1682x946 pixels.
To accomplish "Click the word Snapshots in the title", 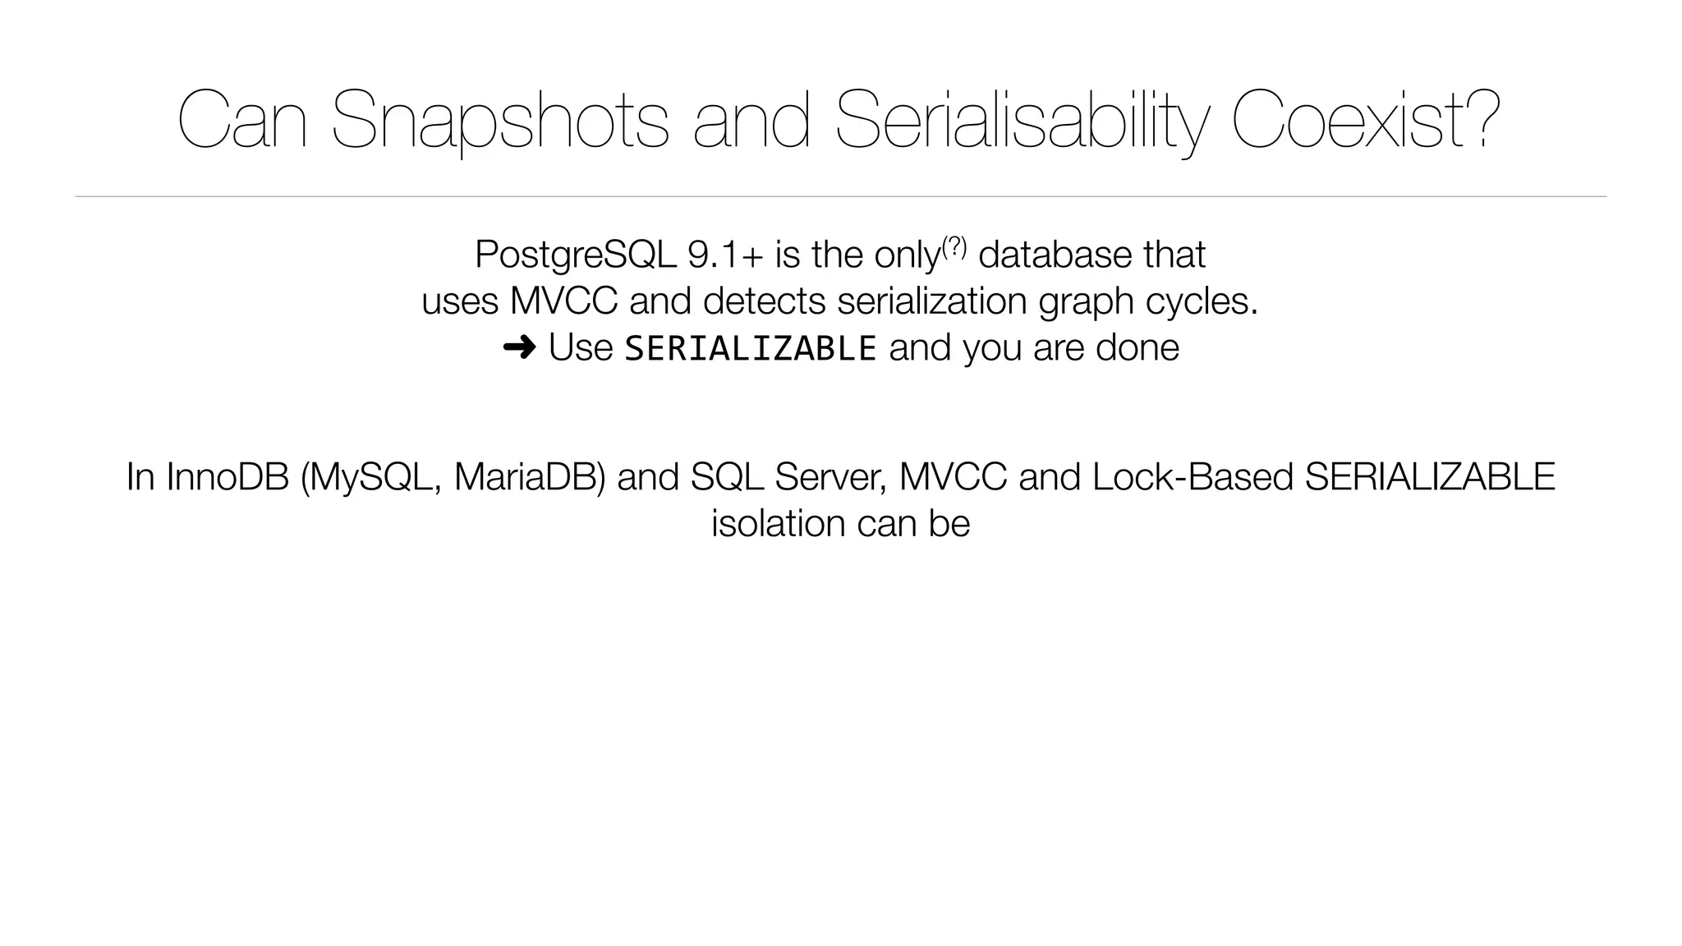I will [500, 121].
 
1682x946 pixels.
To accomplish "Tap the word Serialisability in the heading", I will [1021, 121].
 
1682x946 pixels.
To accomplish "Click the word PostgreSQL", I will [575, 255].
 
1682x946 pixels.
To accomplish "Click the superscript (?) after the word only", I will [954, 245].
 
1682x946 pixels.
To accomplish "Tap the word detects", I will [764, 301].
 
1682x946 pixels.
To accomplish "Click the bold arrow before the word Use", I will [519, 348].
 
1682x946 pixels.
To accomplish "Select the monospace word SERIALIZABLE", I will [751, 348].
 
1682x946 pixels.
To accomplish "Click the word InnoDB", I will [227, 477].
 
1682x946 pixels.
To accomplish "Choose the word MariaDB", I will [529, 477].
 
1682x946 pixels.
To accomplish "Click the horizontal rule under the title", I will [840, 197].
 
